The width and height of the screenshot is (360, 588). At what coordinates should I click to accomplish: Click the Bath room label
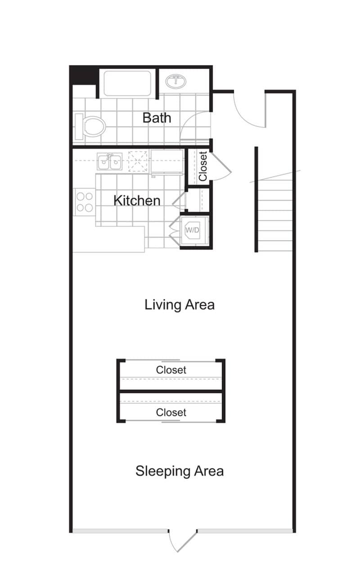click(157, 118)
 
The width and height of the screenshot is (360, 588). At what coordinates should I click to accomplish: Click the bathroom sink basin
click(176, 82)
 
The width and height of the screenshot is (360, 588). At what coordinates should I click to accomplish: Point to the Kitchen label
click(136, 200)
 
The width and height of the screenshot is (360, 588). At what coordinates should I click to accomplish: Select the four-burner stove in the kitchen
click(84, 202)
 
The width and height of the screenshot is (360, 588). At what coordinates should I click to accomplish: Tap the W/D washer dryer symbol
click(193, 230)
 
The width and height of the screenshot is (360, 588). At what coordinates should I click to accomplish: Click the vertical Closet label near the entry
click(203, 166)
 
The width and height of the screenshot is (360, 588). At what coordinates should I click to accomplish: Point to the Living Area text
click(179, 305)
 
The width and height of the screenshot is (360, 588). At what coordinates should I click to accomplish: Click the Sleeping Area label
click(179, 471)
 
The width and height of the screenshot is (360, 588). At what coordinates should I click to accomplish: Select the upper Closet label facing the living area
click(171, 370)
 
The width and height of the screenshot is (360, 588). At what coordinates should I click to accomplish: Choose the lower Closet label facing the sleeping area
click(171, 412)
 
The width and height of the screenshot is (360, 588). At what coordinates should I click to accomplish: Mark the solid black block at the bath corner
click(83, 75)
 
